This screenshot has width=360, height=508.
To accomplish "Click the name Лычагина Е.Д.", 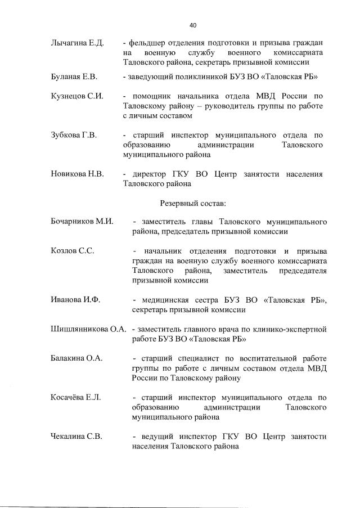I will (x=75, y=43).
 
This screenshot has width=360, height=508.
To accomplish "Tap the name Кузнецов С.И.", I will (x=76, y=96).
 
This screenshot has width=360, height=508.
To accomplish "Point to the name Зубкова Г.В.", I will (x=74, y=136).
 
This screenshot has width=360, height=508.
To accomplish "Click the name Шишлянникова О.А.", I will (x=88, y=329).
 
